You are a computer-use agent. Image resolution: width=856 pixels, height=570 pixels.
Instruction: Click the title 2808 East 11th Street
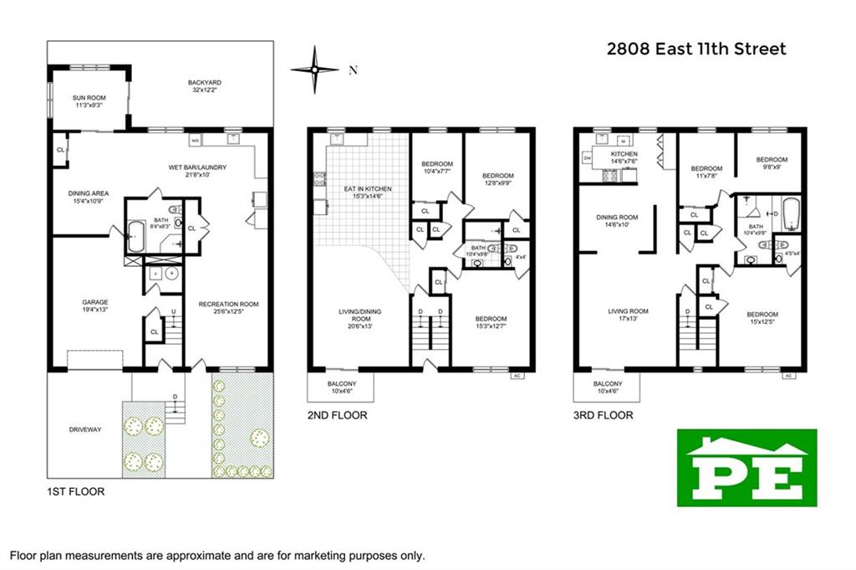pyautogui.click(x=695, y=49)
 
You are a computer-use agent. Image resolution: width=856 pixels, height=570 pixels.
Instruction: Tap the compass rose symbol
pyautogui.click(x=314, y=70)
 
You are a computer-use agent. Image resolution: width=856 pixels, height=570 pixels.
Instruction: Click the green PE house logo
pyautogui.click(x=746, y=468)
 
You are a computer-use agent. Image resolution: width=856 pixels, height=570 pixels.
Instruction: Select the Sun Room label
pyautogui.click(x=88, y=102)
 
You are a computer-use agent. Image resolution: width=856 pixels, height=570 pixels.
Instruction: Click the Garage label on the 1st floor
pyautogui.click(x=94, y=306)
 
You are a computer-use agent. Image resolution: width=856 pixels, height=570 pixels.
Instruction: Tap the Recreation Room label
pyautogui.click(x=228, y=308)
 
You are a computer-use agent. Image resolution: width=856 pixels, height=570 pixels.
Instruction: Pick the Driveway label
pyautogui.click(x=84, y=429)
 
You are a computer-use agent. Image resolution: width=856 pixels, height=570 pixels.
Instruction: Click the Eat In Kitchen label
pyautogui.click(x=368, y=193)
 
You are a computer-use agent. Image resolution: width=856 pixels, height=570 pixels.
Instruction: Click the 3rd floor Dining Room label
pyautogui.click(x=617, y=221)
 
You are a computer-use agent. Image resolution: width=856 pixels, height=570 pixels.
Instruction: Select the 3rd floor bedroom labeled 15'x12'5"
pyautogui.click(x=762, y=319)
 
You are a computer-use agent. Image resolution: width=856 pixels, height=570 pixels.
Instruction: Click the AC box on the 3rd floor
pyautogui.click(x=787, y=376)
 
